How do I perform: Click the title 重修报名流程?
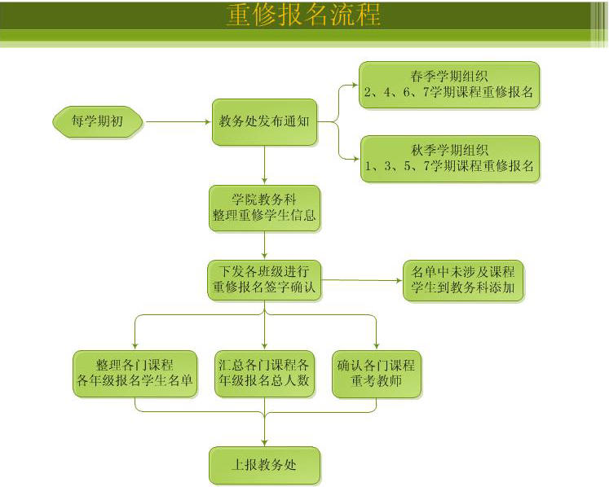point(303,15)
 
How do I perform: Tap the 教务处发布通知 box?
point(264,122)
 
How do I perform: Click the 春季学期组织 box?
point(449,85)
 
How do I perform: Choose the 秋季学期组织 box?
point(449,158)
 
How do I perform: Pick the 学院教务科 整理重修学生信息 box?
point(264,208)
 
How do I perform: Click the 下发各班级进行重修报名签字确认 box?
point(264,279)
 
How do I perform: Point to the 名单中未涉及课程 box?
point(462,280)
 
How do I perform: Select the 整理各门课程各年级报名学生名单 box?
point(135,374)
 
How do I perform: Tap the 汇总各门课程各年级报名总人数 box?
point(264,374)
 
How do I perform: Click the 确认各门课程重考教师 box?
point(376,374)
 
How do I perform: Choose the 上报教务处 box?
point(264,465)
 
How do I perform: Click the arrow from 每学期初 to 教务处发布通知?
point(178,122)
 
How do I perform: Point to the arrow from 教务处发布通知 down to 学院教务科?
point(264,166)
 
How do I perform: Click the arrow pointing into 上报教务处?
point(264,432)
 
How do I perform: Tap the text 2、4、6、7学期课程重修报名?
point(449,93)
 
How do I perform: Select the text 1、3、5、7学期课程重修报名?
point(449,166)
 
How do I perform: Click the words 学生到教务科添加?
point(462,289)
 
